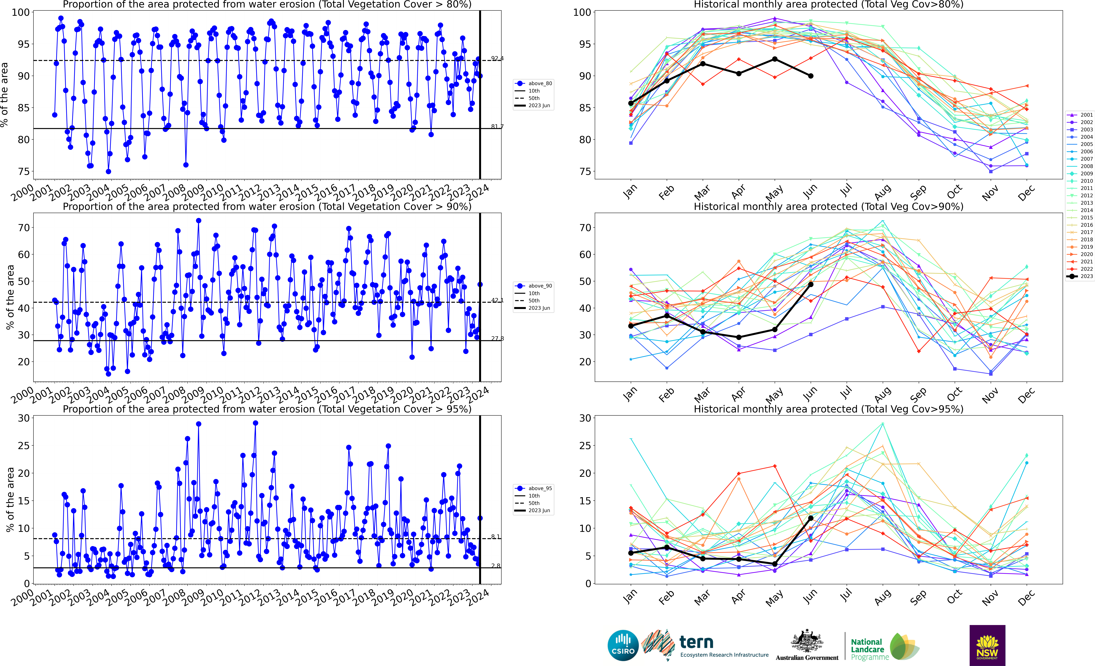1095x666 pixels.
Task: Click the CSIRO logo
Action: click(x=623, y=645)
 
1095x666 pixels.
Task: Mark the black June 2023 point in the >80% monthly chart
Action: click(x=811, y=76)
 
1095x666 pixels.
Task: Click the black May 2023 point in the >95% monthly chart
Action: click(x=775, y=564)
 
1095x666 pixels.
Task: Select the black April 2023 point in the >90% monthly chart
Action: click(x=739, y=337)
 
